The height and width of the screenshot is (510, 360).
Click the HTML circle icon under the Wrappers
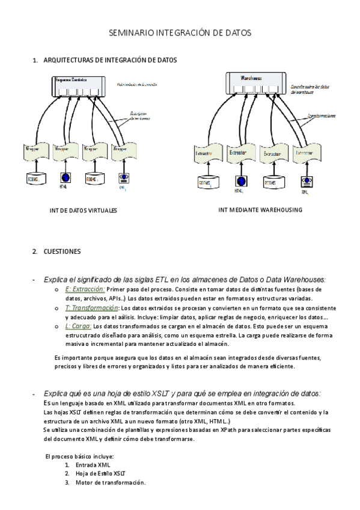point(64,177)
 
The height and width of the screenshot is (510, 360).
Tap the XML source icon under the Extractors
point(307,181)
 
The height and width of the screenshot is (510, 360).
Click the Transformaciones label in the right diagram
point(322,115)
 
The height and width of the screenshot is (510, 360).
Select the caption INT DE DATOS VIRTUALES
point(83,211)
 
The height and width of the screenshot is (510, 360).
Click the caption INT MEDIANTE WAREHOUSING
point(260,210)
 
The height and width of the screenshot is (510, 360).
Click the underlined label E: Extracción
point(85,289)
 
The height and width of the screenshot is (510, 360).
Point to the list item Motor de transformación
point(111,482)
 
